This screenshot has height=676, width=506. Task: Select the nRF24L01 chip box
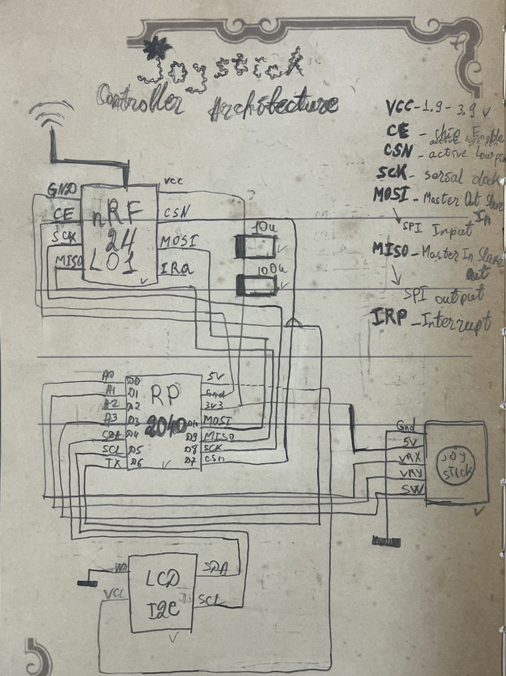[x=120, y=234]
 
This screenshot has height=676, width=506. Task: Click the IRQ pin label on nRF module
[x=176, y=269]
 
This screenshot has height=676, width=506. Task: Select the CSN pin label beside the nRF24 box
[x=177, y=213]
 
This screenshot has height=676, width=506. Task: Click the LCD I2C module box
[x=163, y=591]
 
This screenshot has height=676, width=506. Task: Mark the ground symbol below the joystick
[x=386, y=541]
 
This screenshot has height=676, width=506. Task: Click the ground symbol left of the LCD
[x=87, y=582]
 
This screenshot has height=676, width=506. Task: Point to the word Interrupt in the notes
[x=450, y=323]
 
